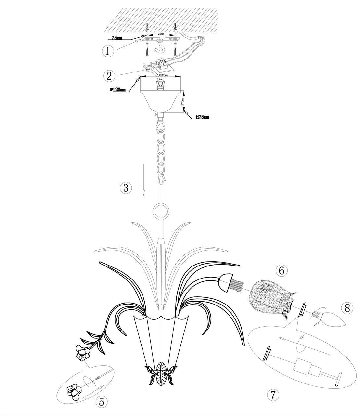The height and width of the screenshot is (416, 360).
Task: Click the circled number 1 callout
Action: click(x=108, y=51)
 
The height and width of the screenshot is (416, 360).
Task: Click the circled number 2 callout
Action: click(x=109, y=75)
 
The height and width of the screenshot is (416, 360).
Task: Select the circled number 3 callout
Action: click(x=126, y=188)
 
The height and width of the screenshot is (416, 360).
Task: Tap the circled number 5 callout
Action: click(x=102, y=402)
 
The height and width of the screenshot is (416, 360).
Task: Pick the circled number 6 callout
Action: click(x=281, y=270)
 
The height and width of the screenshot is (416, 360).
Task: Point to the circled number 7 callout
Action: click(x=273, y=395)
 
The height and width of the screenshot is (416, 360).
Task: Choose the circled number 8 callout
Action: click(x=347, y=308)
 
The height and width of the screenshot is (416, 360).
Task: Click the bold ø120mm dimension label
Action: click(x=118, y=90)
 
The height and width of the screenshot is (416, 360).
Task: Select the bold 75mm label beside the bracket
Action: click(x=117, y=38)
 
